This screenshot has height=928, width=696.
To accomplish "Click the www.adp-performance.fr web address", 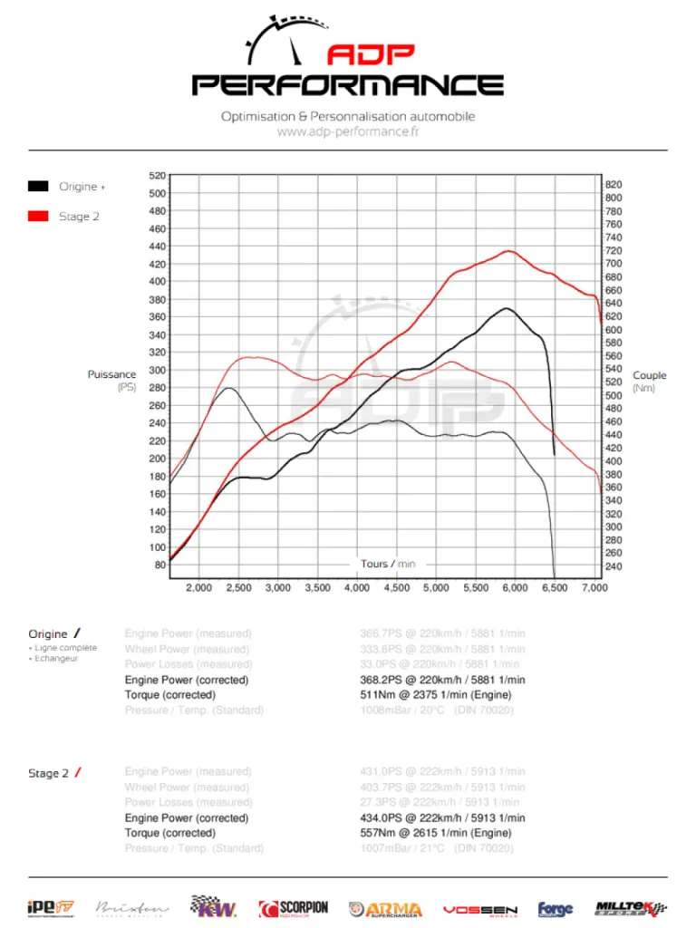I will pos(348,131).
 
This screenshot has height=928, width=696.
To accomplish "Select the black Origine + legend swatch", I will pos(38,187).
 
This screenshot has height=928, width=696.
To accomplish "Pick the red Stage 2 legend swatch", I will pos(38,217).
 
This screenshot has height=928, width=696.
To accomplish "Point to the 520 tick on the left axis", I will pos(157,176).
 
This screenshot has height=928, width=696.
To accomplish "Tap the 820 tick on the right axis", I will pos(614,184).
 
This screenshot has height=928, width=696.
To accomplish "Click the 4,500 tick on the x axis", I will pos(397,588).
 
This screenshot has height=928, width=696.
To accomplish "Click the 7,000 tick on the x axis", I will pos(594,588).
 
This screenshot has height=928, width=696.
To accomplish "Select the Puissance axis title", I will pos(111,374).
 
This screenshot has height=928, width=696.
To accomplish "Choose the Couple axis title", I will pos(649,375).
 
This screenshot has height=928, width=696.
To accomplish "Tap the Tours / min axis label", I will pos(388,564).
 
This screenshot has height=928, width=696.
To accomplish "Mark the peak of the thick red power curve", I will pos(509,251).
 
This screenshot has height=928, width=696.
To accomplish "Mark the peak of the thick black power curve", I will pos(507,308).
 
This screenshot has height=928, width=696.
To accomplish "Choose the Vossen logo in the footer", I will pos(480,909).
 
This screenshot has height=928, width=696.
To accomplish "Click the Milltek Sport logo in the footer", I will pos(631,908).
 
